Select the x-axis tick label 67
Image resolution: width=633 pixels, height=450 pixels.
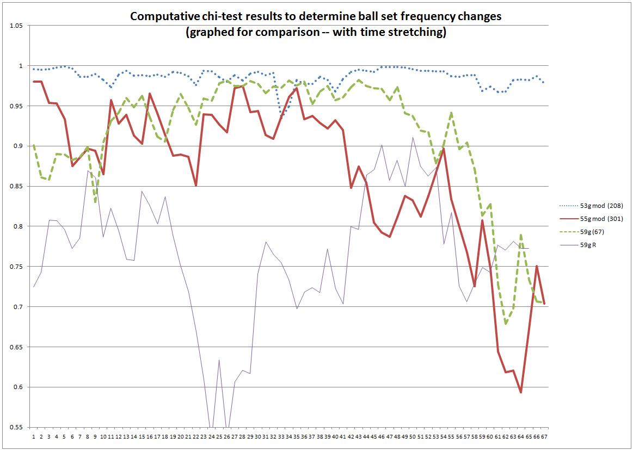click(x=543, y=436)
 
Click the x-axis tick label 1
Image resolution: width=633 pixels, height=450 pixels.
click(x=34, y=436)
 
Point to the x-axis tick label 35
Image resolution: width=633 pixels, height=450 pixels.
click(x=296, y=436)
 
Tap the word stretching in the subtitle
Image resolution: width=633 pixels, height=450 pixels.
click(x=420, y=32)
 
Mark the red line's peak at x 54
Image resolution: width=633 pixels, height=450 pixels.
click(x=444, y=149)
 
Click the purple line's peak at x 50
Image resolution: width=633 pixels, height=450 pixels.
click(x=413, y=137)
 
